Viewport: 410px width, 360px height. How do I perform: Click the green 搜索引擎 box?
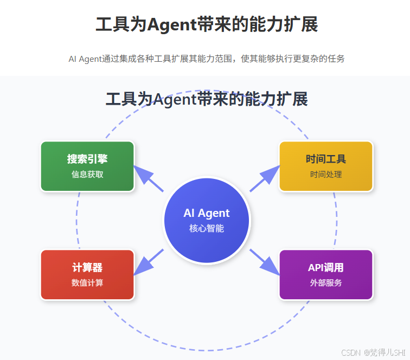tap(87, 166)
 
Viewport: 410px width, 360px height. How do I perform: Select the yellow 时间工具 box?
tap(325, 166)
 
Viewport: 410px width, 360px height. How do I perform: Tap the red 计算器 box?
tap(87, 274)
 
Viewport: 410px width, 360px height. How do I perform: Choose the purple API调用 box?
tap(325, 274)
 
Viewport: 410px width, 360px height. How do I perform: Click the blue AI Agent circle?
tap(206, 220)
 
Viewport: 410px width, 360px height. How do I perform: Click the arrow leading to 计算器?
tap(148, 262)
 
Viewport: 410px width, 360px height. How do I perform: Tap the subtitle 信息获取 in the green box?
tap(87, 175)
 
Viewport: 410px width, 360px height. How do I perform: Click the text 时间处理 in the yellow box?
tap(325, 175)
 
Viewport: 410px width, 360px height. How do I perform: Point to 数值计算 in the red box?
tap(87, 283)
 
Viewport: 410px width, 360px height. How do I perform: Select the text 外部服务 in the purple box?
tap(325, 283)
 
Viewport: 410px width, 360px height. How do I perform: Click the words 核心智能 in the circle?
tap(206, 229)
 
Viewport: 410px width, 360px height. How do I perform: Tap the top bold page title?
tap(206, 25)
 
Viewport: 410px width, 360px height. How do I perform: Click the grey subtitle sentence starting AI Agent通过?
tap(206, 59)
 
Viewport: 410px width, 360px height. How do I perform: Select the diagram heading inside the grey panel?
tap(206, 99)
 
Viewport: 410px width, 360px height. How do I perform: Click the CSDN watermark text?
tap(374, 352)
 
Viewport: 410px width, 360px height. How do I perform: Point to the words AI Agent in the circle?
tap(206, 213)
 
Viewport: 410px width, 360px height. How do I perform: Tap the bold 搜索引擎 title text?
tap(87, 159)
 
